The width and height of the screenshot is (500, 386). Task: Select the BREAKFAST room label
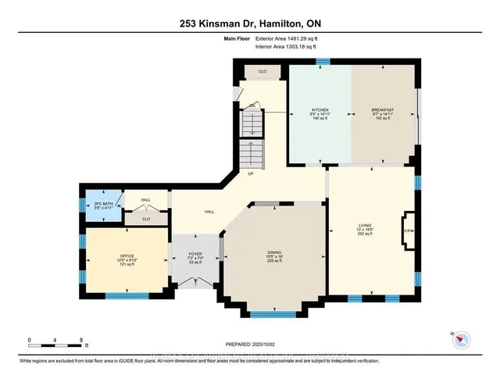382,110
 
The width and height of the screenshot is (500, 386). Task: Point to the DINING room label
274,252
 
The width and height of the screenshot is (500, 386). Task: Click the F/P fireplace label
407,231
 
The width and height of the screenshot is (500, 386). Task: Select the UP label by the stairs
251,173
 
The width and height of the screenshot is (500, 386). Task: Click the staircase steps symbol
251,126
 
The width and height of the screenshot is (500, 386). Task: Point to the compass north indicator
462,338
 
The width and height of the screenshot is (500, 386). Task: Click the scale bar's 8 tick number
82,340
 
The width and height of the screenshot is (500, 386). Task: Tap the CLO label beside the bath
146,219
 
